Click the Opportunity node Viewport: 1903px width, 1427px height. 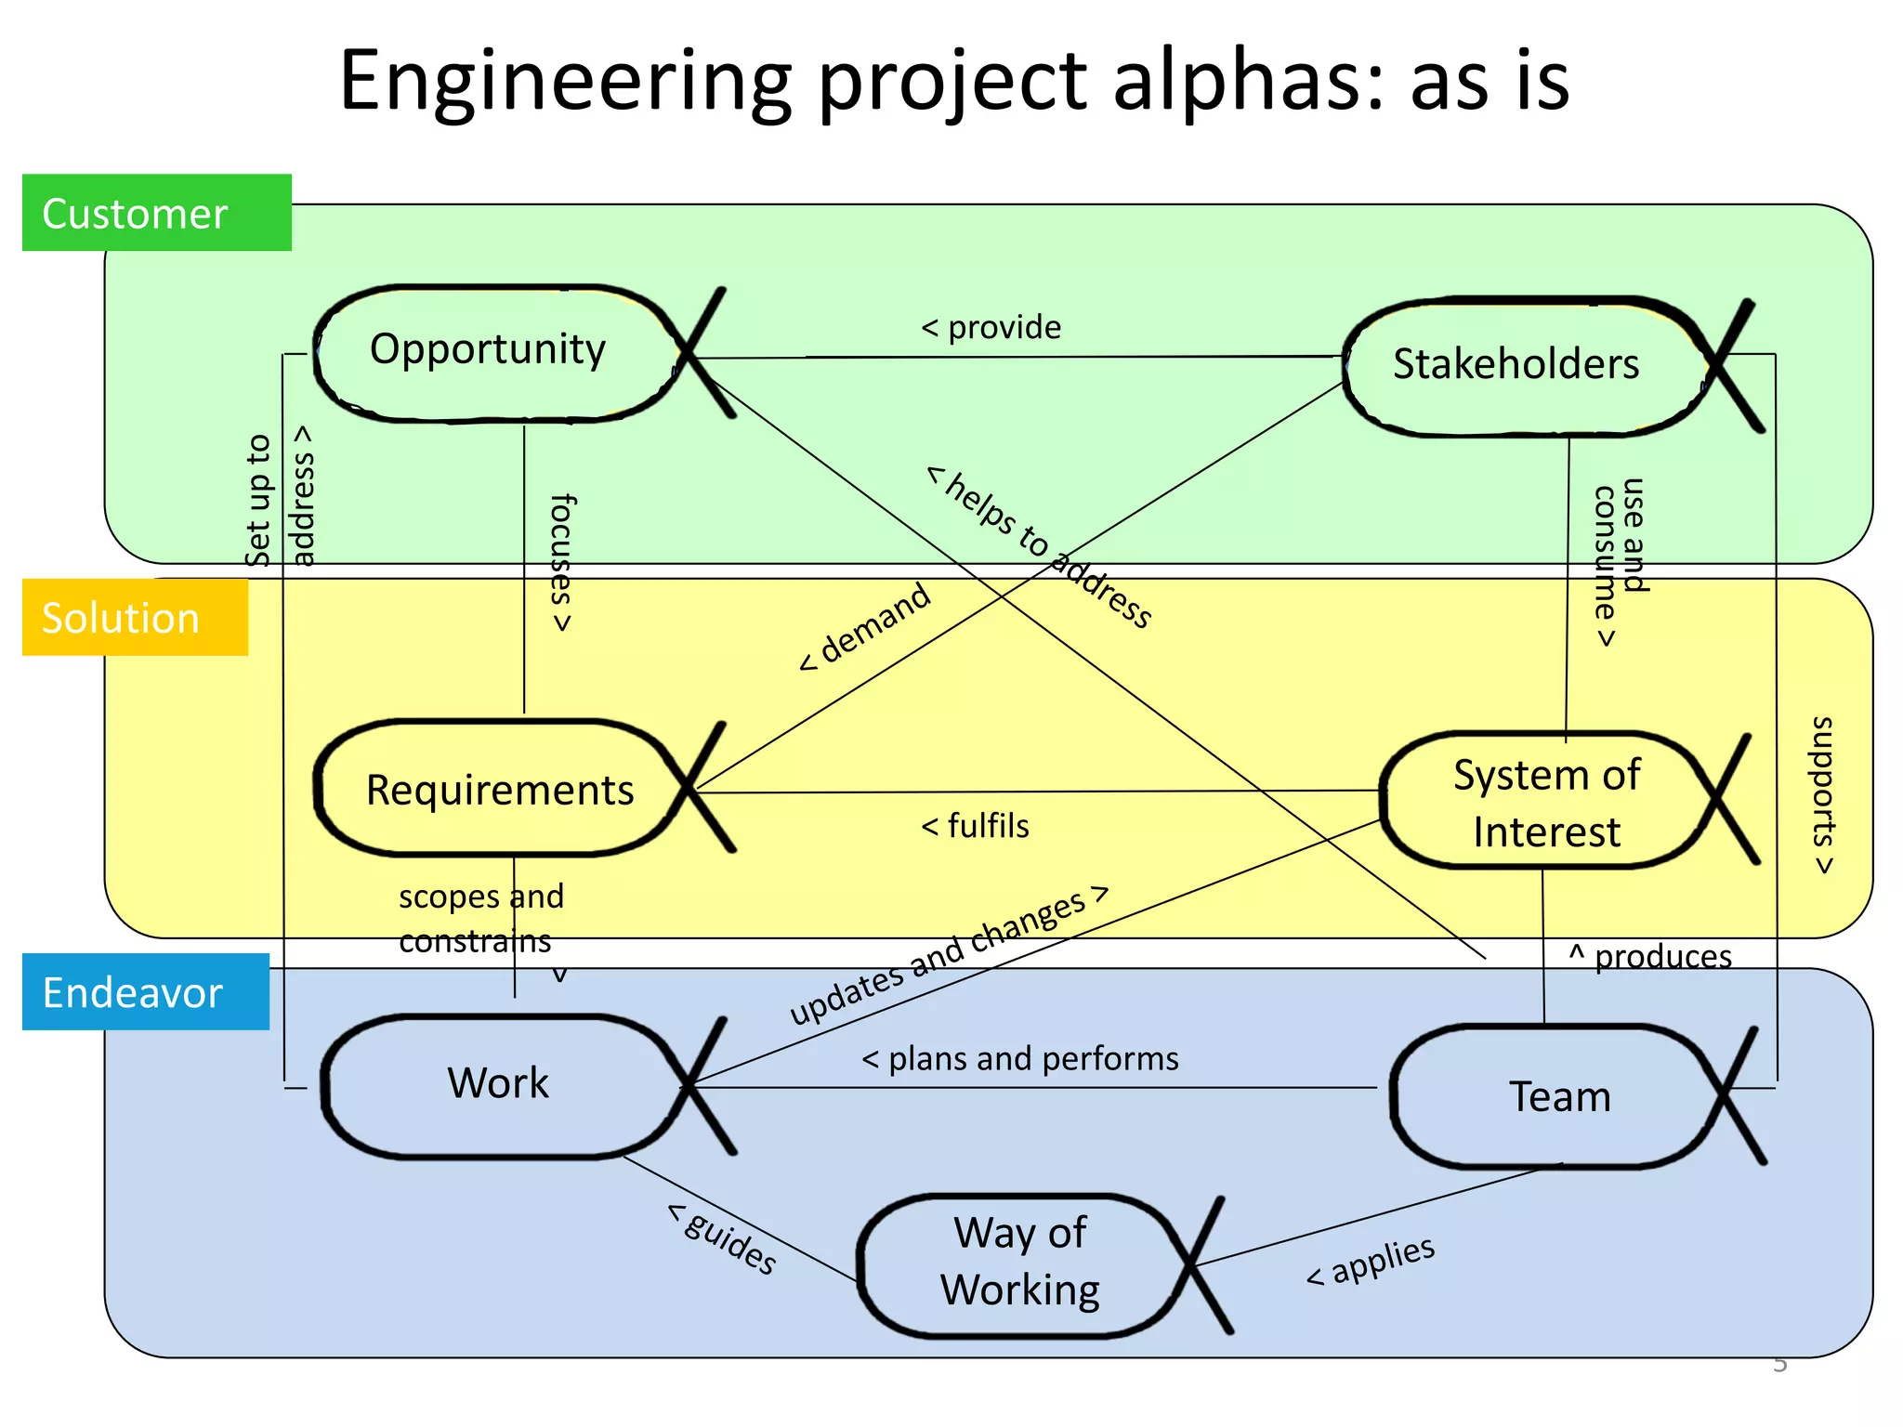tap(489, 351)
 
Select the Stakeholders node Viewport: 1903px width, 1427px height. tap(1516, 364)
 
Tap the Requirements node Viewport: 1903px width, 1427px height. tap(500, 791)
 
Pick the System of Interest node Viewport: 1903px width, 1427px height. tap(1546, 803)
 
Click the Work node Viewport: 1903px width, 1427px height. tap(499, 1084)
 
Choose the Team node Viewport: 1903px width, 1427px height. tap(1559, 1097)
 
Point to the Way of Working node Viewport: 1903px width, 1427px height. tap(1020, 1263)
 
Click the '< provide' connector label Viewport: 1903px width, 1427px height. tap(991, 328)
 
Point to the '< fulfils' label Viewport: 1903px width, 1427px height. tap(975, 826)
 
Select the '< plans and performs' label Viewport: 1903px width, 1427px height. tap(1020, 1059)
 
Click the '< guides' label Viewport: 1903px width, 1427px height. tap(723, 1238)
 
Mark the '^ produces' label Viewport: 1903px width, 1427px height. tap(1650, 957)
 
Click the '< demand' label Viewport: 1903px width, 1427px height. tap(865, 626)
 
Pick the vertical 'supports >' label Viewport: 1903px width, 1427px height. tap(1824, 795)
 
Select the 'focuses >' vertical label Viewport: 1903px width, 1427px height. tap(561, 563)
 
